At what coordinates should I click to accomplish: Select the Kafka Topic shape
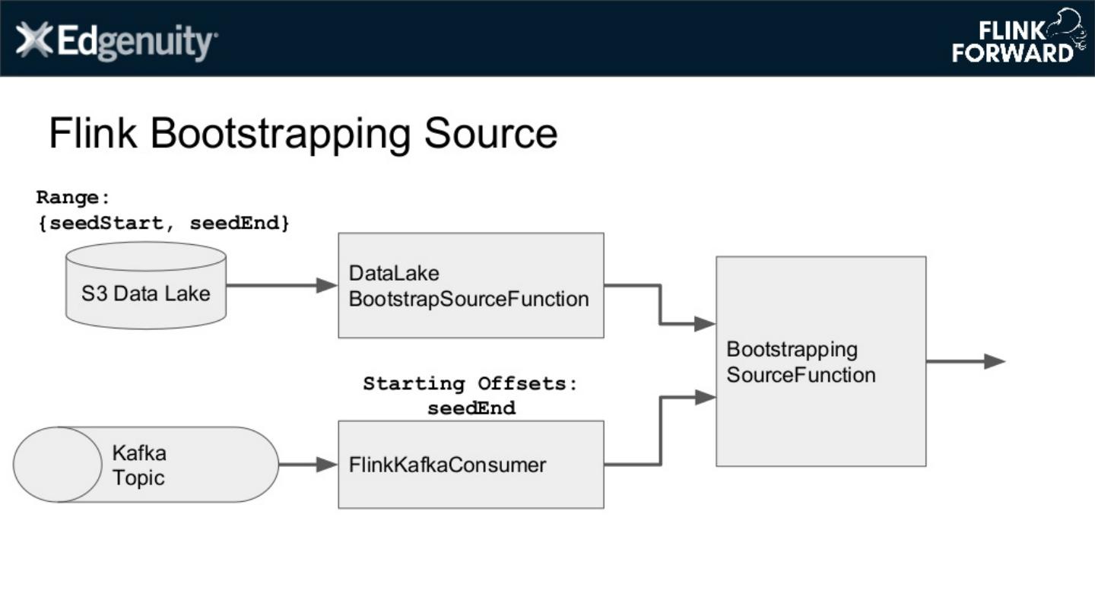(145, 465)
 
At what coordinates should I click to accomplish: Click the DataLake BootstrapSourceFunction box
(471, 285)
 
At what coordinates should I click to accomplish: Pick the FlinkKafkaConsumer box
(471, 465)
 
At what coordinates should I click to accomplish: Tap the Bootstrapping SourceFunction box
(820, 361)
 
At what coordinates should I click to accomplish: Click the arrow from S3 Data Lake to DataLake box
(281, 286)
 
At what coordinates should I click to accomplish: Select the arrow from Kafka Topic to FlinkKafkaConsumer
(308, 465)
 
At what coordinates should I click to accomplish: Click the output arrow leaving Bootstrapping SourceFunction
(966, 362)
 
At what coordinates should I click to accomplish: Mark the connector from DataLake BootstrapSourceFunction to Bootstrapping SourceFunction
(660, 305)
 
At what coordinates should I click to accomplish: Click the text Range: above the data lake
(73, 198)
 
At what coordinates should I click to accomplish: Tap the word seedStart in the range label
(106, 224)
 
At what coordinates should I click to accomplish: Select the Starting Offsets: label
(471, 383)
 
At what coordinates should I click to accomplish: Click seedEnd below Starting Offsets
(471, 408)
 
